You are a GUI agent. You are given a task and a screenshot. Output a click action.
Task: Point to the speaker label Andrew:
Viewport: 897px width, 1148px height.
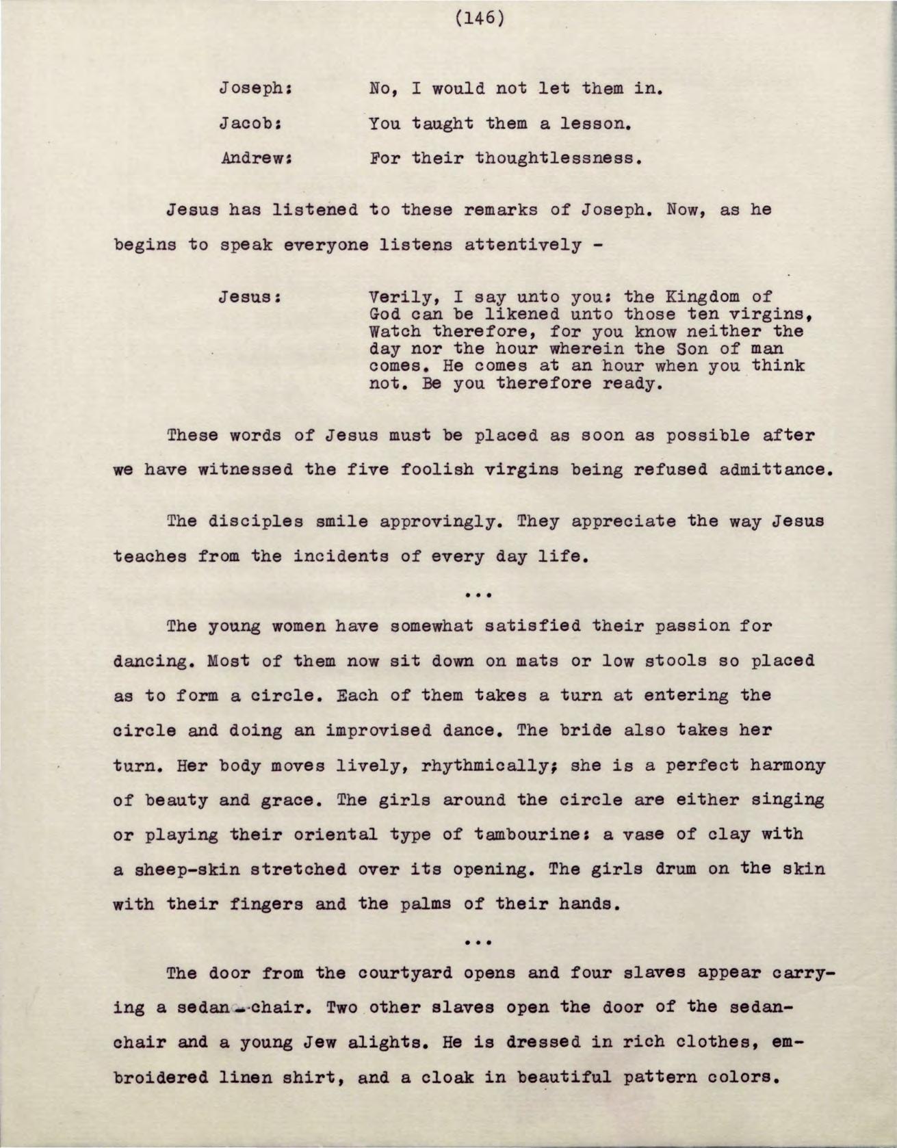coord(256,159)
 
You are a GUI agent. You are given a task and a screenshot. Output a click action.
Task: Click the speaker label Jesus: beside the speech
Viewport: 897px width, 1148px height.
coord(250,298)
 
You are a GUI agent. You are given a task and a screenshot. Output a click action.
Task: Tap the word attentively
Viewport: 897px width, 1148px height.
coord(522,245)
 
